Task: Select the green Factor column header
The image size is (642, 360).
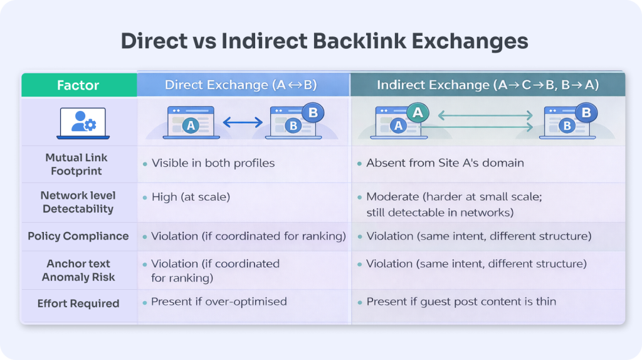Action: click(x=78, y=85)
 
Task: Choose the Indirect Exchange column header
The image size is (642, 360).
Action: click(x=488, y=85)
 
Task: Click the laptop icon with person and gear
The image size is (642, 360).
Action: click(x=83, y=122)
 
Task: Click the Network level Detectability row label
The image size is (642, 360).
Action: click(x=78, y=202)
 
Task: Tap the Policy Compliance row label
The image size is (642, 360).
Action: click(x=78, y=236)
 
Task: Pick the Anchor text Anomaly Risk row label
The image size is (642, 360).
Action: click(x=78, y=270)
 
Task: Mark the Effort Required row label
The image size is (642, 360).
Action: click(x=78, y=304)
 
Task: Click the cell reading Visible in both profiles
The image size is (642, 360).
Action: click(x=213, y=163)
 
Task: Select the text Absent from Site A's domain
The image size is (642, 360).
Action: click(x=445, y=163)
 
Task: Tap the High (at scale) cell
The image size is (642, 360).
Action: click(x=191, y=197)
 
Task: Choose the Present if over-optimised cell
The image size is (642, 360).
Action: click(x=219, y=302)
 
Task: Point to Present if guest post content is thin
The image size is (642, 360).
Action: click(x=461, y=302)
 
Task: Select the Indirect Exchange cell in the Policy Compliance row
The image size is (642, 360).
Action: click(x=479, y=236)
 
